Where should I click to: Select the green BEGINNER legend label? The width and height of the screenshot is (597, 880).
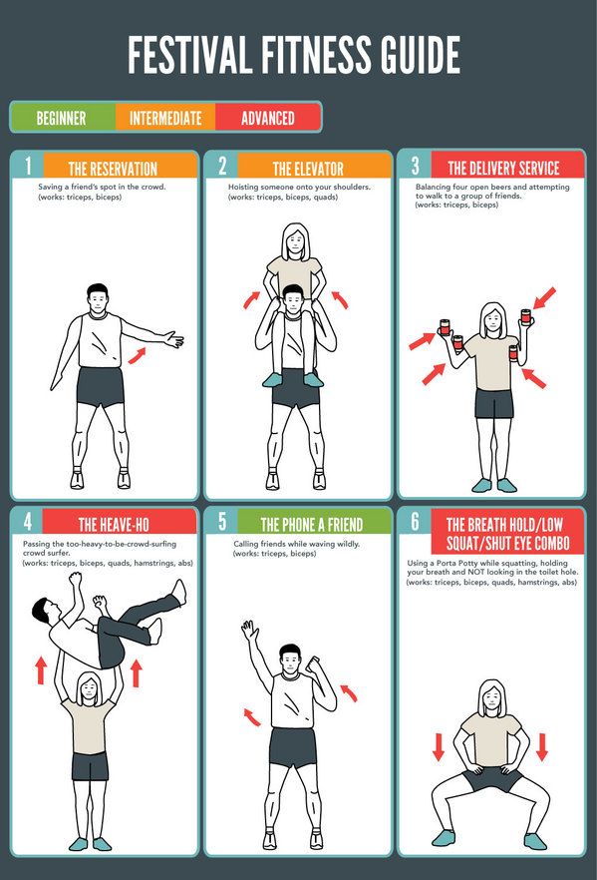[x=61, y=119]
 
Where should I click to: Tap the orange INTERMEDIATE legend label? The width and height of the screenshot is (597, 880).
[x=165, y=119]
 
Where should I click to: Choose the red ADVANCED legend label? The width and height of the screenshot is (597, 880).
[x=268, y=119]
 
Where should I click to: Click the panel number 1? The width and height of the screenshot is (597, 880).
[x=28, y=166]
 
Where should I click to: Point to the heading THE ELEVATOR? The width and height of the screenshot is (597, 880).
[x=308, y=169]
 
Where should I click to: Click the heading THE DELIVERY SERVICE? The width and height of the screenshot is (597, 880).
[x=503, y=168]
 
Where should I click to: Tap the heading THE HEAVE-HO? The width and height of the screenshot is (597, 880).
[x=114, y=525]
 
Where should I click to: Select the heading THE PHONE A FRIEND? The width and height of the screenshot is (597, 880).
[x=312, y=525]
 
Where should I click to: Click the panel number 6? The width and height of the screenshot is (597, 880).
[x=416, y=522]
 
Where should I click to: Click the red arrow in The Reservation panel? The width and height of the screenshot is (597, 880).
[x=137, y=355]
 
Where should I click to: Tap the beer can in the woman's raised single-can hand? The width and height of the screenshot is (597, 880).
[x=525, y=316]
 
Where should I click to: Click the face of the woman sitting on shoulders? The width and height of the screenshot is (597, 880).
[x=295, y=243]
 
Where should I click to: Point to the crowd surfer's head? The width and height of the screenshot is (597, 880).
[x=43, y=612]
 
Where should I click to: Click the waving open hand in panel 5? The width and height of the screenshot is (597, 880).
[x=249, y=631]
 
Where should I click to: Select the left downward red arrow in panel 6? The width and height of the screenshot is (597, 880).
[x=439, y=747]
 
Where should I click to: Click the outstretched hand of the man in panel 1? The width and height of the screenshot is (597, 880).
[x=173, y=339]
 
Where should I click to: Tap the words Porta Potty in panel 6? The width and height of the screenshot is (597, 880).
[x=456, y=563]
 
